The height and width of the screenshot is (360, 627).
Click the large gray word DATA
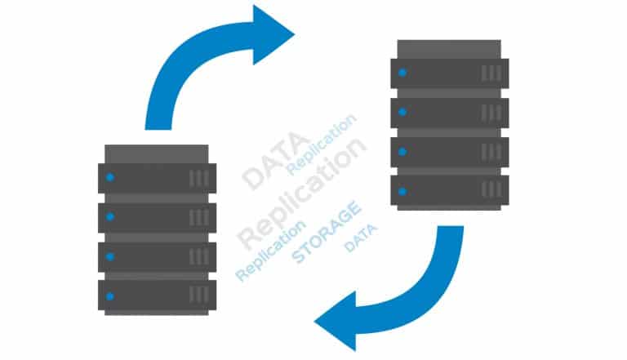pos(275,162)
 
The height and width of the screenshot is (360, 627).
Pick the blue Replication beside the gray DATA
pos(322,144)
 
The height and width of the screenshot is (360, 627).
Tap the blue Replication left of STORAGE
pos(270,251)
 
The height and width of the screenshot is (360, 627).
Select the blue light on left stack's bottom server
pos(109,296)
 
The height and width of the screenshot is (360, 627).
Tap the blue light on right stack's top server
pos(402,73)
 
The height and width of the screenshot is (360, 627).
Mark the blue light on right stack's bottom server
pos(402,191)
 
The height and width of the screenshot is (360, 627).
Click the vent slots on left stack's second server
pos(198,217)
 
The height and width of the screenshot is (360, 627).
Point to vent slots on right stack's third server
pos(491,152)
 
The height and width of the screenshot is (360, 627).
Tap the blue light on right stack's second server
pos(402,112)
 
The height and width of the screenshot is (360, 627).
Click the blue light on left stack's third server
pos(109,256)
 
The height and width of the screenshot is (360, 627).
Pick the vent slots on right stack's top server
pos(491,73)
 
